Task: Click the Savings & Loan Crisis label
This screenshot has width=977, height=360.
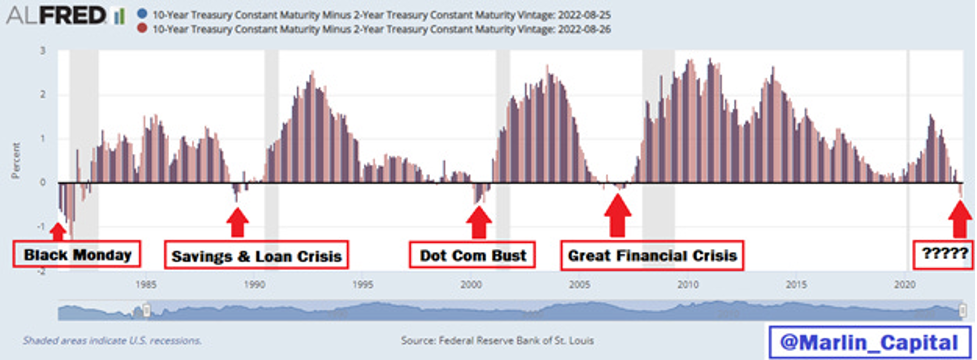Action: click(256, 256)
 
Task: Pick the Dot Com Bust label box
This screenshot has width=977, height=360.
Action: click(472, 255)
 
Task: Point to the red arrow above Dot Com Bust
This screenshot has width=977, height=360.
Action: click(480, 221)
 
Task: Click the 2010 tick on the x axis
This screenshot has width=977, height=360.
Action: click(687, 285)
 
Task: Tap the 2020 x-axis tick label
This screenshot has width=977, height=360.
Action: click(904, 285)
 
